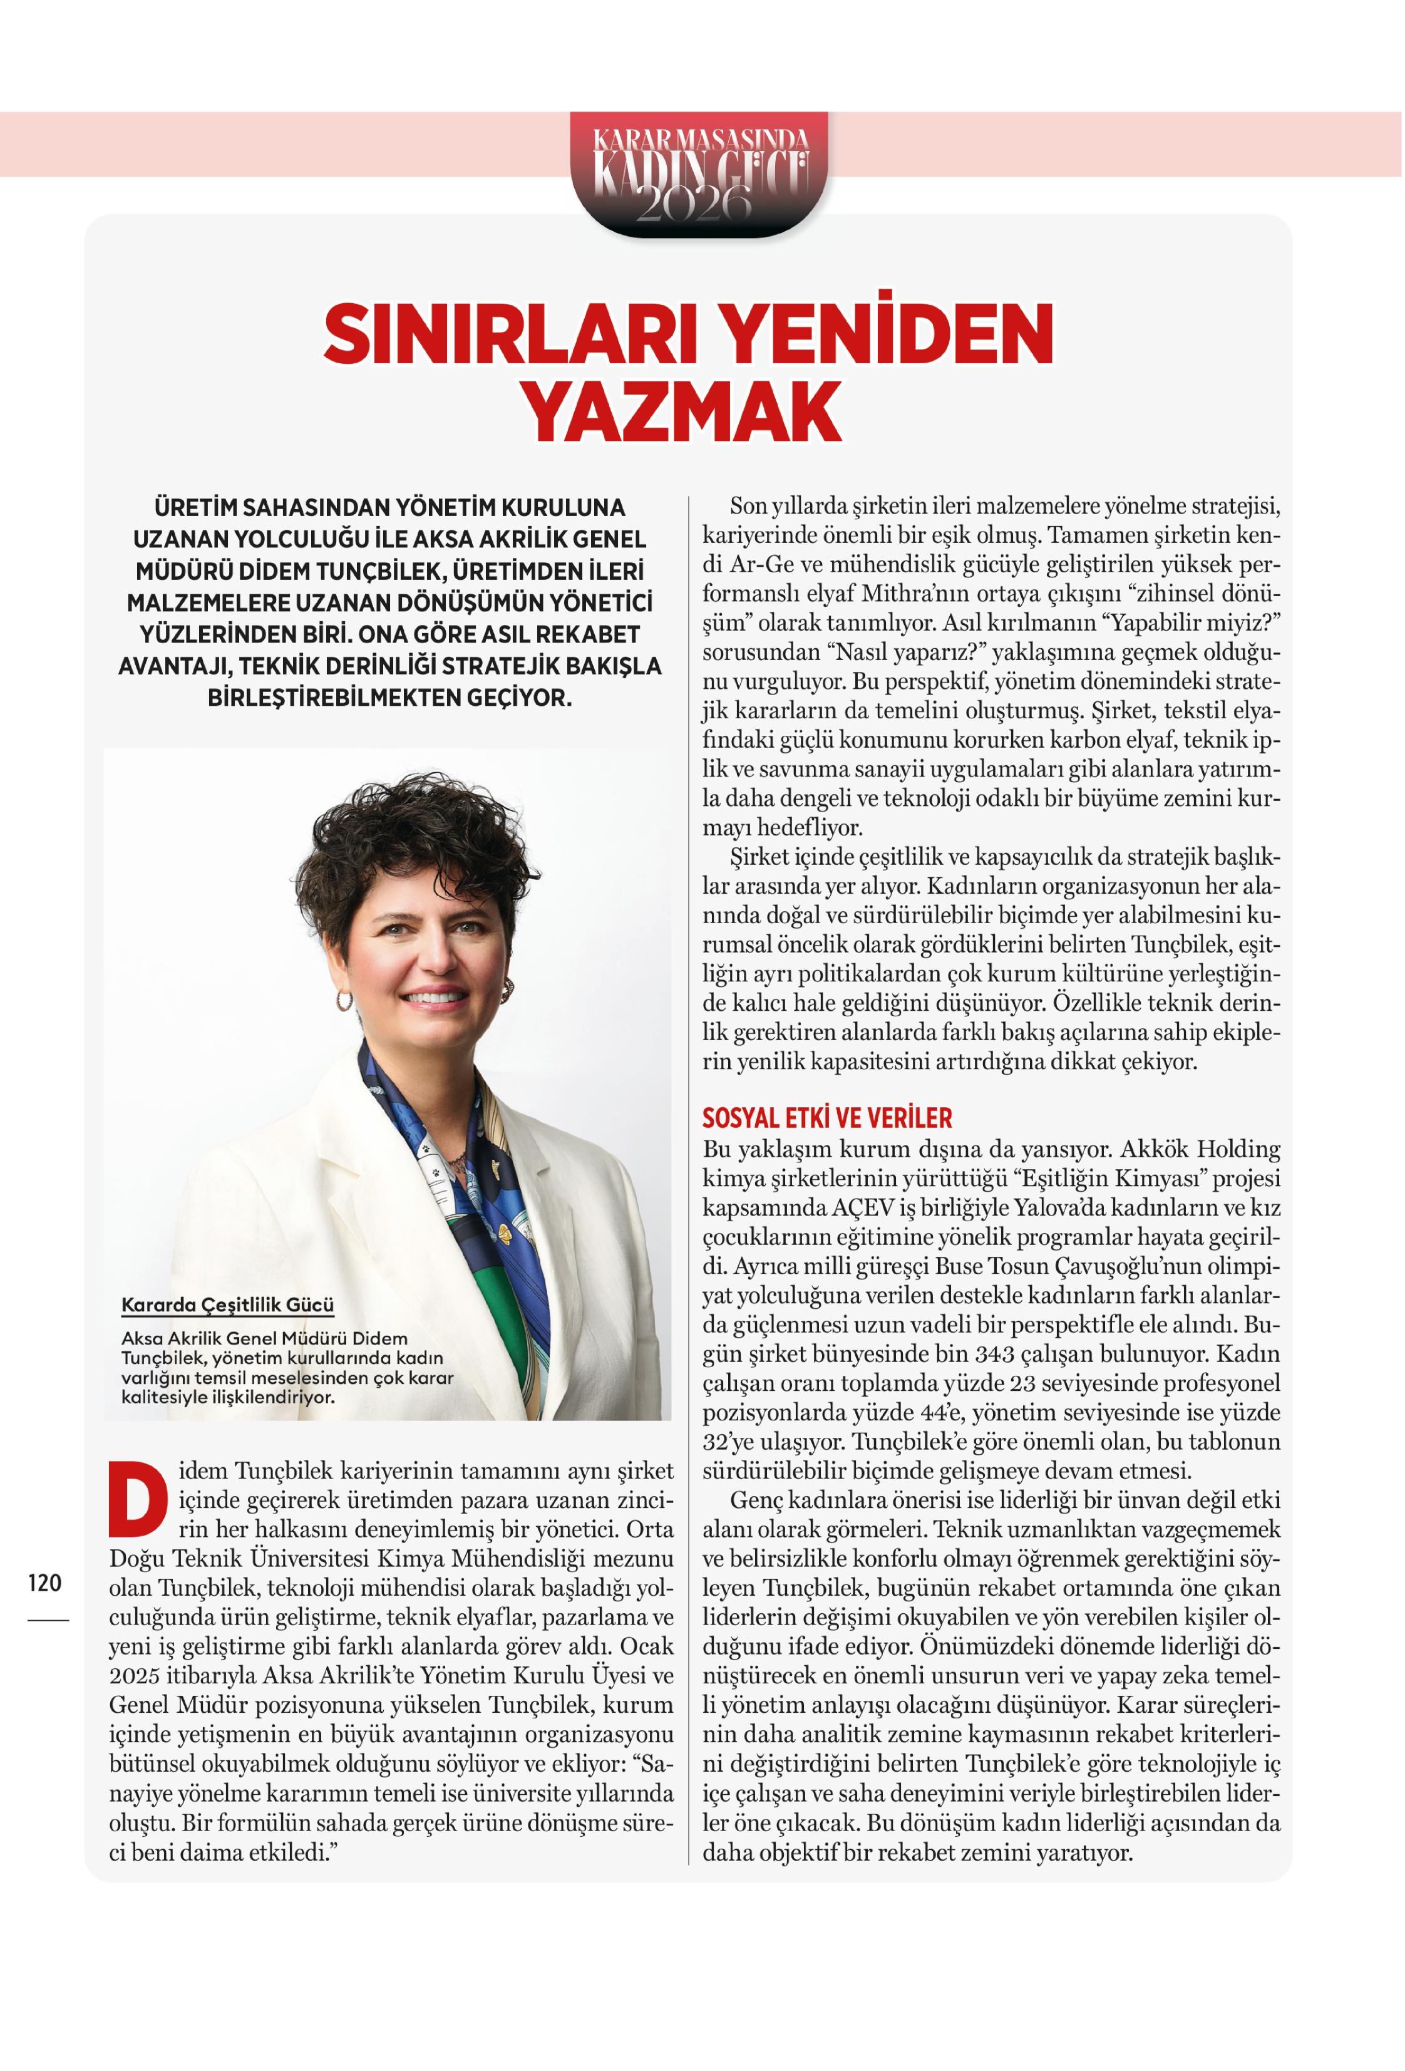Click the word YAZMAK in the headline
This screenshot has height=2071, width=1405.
pyautogui.click(x=682, y=411)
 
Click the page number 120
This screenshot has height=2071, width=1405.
pyautogui.click(x=44, y=1583)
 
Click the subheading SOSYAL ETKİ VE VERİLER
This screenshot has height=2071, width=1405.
pyautogui.click(x=827, y=1117)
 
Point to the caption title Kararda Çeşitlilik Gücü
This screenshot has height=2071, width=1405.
pyautogui.click(x=227, y=1304)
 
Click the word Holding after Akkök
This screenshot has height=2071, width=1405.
pyautogui.click(x=1237, y=1149)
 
